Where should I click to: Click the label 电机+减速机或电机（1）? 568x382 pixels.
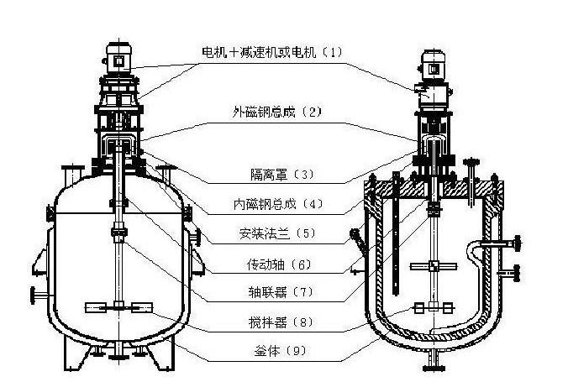pyautogui.click(x=272, y=52)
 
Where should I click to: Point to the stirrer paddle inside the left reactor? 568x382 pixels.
pyautogui.click(x=118, y=306)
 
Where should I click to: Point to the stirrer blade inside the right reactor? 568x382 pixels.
pyautogui.click(x=434, y=268)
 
